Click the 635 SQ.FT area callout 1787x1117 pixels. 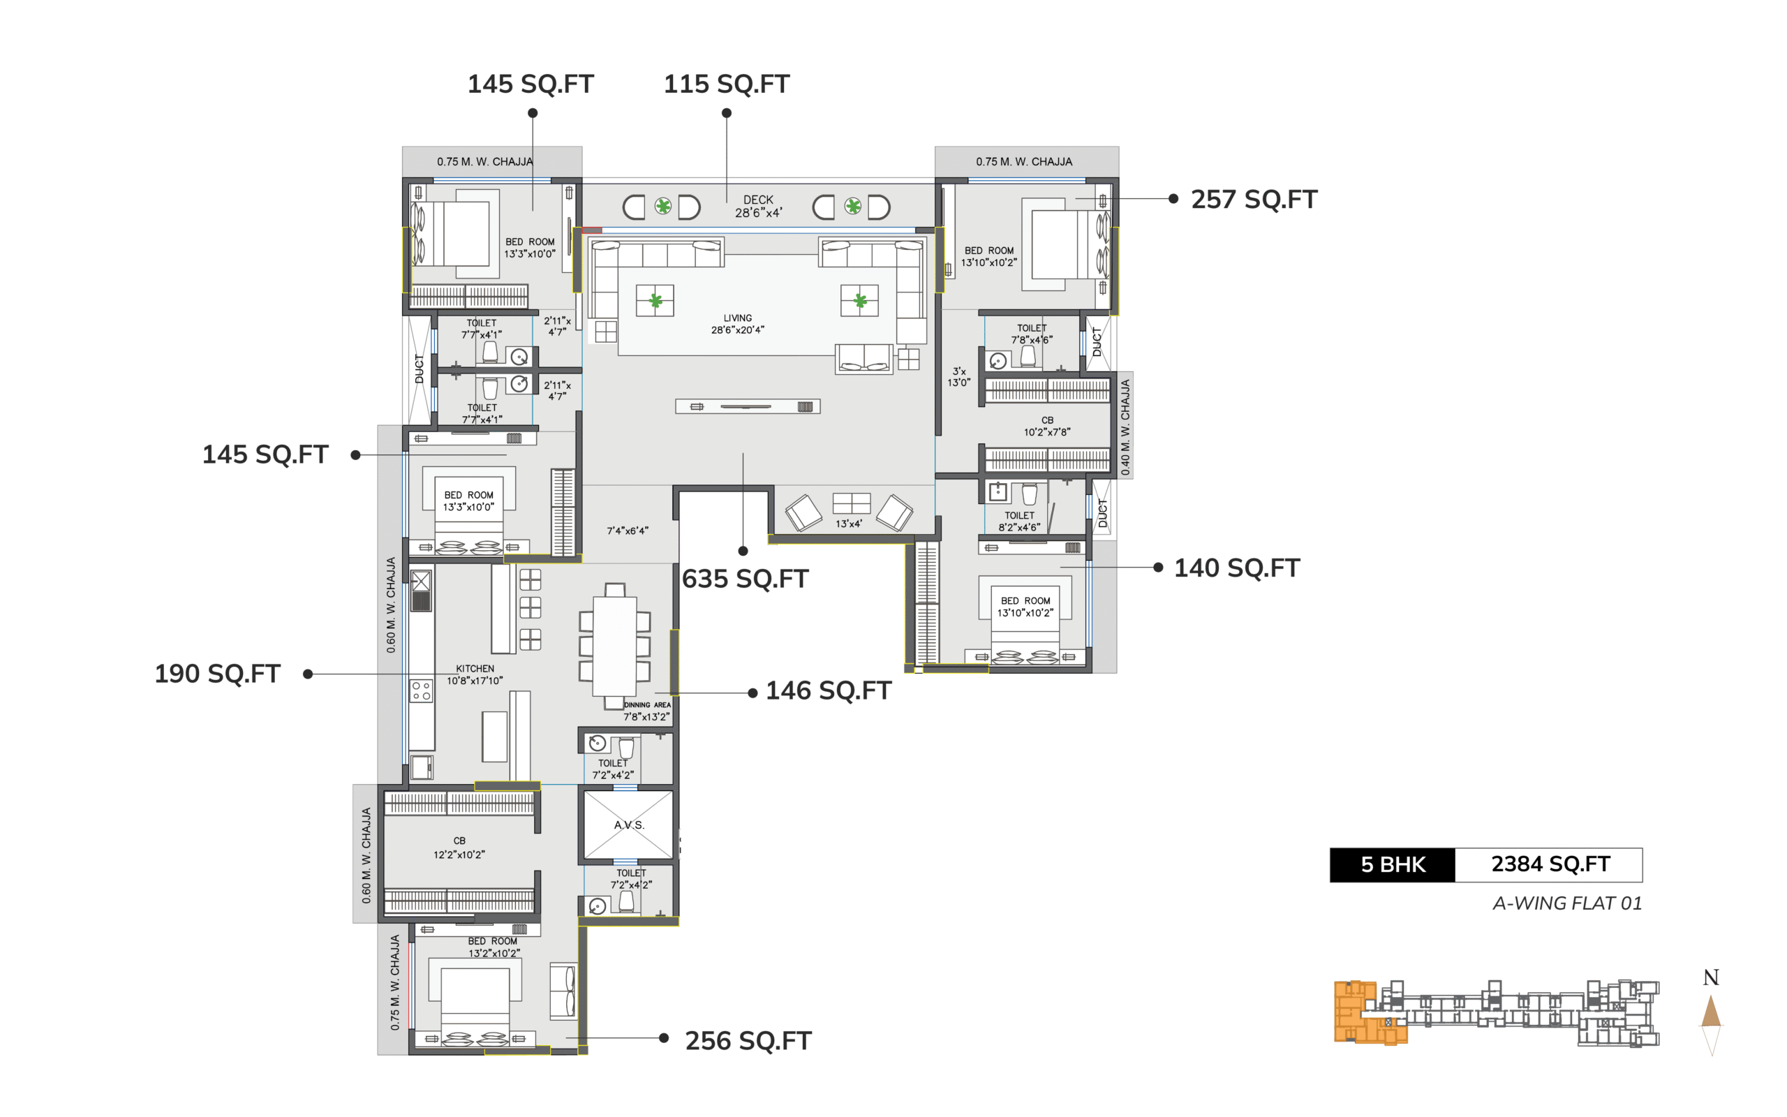coord(745,579)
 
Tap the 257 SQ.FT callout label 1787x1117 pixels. coord(1254,200)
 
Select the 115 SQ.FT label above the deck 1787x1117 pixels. coord(727,84)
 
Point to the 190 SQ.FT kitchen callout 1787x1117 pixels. coord(217,674)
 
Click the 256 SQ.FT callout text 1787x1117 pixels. coord(748,1041)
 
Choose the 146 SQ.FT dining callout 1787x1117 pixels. coord(829,690)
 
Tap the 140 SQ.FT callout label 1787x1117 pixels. coord(1237,568)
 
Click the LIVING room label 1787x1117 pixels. coord(738,318)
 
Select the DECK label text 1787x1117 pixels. coord(758,200)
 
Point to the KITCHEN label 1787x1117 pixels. coord(475,669)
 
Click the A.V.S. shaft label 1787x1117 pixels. coord(629,825)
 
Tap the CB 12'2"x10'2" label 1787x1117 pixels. coord(459,848)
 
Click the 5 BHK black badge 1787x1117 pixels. coord(1393,865)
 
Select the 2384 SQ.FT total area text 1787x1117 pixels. coord(1550,864)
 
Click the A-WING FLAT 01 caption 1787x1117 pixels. coord(1567,903)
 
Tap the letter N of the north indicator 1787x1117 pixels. coord(1711,978)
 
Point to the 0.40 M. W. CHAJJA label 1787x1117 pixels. coord(1125,427)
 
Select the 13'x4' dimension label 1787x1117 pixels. coord(848,524)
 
